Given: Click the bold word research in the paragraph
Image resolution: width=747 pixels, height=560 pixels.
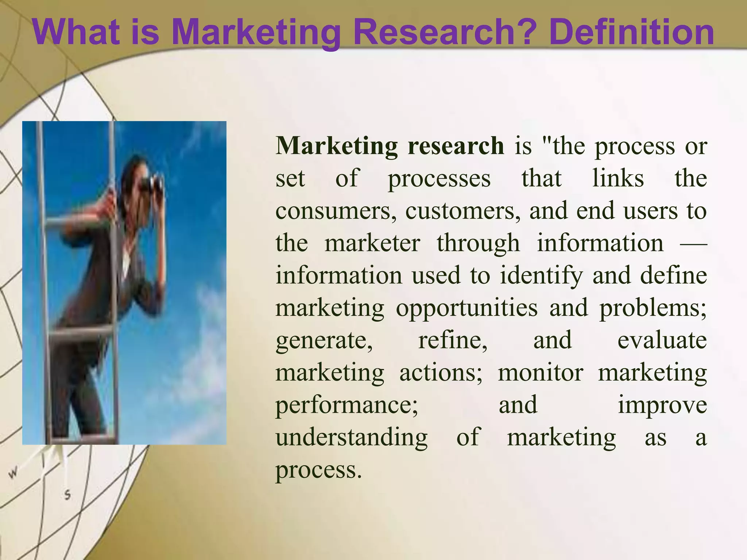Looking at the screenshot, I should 456,146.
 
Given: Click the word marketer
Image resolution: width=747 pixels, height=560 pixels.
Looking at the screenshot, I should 372,243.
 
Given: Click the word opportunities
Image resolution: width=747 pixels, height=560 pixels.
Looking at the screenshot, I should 467,308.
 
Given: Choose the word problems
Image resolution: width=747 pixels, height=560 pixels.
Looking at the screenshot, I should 653,308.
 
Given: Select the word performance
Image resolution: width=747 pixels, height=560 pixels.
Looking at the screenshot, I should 347,405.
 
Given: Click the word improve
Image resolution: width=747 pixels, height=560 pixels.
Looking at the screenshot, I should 662,405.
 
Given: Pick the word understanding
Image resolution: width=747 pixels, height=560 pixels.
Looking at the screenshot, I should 352,437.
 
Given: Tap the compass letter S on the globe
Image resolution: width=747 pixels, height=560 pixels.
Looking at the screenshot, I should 67,495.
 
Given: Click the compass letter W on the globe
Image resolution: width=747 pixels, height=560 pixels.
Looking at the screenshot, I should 13,473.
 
